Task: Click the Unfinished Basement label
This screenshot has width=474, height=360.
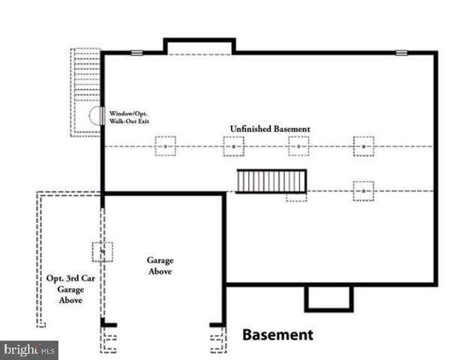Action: coord(269,129)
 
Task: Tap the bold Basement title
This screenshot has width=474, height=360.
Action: coord(277,334)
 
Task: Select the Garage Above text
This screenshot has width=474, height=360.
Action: coord(159,265)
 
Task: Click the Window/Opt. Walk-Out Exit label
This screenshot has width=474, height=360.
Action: coord(130,116)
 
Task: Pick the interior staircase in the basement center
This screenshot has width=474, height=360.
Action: coord(271,181)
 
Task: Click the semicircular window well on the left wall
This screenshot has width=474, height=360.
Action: coord(95,116)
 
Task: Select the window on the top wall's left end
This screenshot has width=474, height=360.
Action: coord(136,52)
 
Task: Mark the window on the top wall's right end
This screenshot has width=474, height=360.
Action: coord(401,52)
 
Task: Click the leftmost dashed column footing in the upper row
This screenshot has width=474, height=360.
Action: coord(165,145)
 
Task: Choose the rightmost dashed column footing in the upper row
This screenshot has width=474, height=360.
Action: coord(364,145)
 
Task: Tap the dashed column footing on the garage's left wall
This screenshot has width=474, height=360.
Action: coord(102,251)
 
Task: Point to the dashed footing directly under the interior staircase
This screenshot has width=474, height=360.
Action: coord(295,196)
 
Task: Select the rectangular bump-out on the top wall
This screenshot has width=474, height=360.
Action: coord(199,46)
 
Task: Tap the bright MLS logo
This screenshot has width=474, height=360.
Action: coord(29,349)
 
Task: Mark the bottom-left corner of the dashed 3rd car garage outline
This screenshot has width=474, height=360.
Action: coord(40,324)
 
